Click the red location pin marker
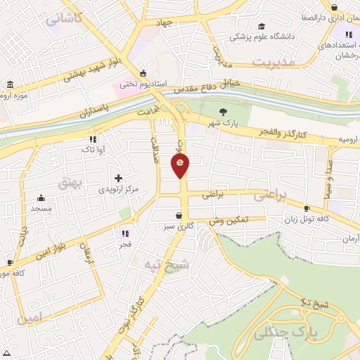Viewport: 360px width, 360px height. pos(180,165)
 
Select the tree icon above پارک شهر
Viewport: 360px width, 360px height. pos(224,111)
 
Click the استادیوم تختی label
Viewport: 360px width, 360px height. pos(143,84)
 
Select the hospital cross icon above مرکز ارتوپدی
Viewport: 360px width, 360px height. pos(117,177)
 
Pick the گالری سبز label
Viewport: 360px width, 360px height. pos(180,227)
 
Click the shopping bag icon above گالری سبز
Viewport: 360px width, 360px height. pos(180,215)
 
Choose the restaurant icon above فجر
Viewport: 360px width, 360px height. pos(125,233)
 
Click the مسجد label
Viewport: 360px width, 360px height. pos(41,209)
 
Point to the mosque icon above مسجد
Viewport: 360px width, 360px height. pos(41,198)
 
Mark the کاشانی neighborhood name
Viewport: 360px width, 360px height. pos(64,17)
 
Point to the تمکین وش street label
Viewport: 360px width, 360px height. pos(229,220)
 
